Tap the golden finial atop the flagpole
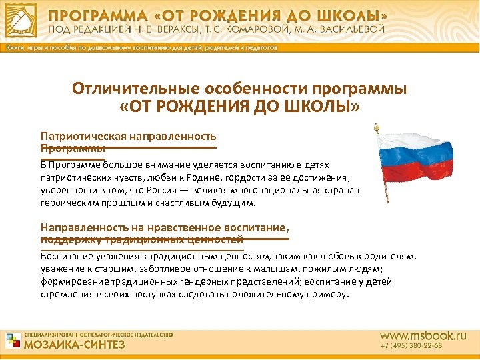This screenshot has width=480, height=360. coord(376,127)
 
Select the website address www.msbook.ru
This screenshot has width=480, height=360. coord(423,335)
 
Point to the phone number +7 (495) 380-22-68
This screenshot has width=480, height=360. coord(411,347)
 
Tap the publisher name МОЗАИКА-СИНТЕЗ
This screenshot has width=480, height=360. coord(74,345)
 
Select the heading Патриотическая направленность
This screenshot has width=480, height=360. coord(128,135)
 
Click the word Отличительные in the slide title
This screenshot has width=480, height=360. coord(128,89)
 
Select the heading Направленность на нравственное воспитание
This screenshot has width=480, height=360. coord(164,227)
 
